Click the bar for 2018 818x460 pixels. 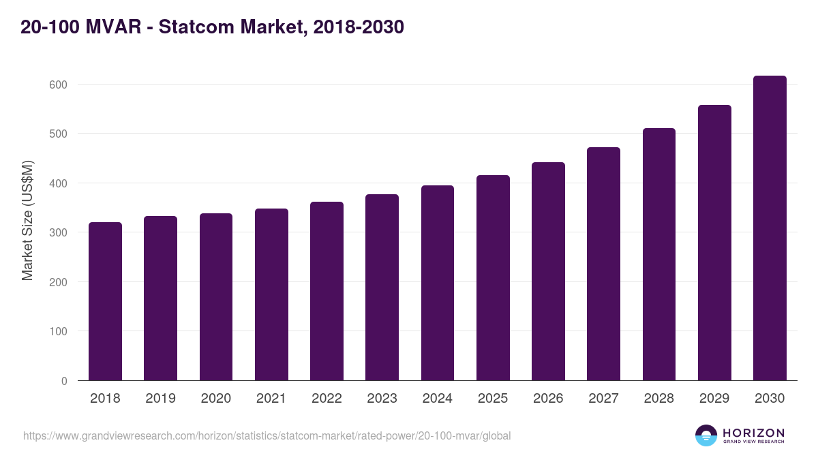105,301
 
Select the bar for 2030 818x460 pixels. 770,228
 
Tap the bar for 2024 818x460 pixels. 438,283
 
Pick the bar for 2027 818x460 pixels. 603,264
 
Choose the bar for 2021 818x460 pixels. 271,294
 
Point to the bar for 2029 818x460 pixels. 714,243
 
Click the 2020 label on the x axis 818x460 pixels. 216,399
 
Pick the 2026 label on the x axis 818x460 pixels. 548,399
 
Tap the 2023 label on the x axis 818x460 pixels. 382,399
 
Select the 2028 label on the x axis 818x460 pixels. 659,399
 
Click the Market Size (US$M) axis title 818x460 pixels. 27,220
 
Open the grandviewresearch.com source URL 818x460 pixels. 267,435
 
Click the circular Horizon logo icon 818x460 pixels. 706,435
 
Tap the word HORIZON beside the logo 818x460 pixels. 753,433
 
